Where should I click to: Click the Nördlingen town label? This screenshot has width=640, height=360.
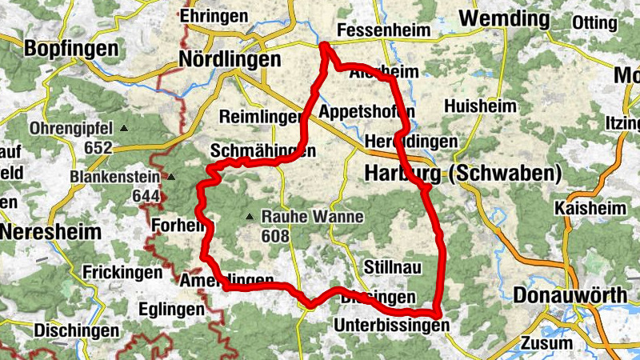coord(230,59)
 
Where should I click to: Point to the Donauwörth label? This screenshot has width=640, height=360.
coord(570,294)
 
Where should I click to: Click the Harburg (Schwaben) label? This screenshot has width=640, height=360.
coord(463,173)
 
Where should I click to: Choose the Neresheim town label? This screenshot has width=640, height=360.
coord(50,232)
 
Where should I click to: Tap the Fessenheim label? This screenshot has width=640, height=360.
coord(384,30)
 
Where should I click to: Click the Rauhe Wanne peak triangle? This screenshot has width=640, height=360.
coord(250,217)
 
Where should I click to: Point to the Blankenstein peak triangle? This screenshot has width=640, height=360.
coord(170,177)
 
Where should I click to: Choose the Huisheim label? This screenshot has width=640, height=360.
coord(479,106)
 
